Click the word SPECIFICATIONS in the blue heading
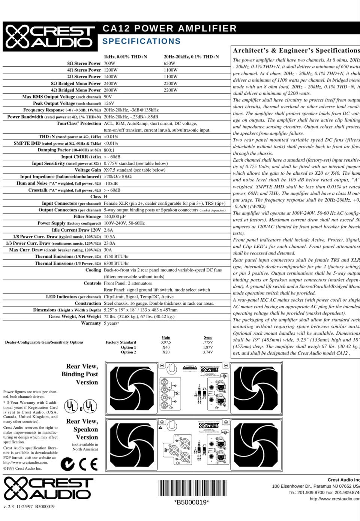[x=141, y=41]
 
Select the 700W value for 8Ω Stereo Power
[x=109, y=63]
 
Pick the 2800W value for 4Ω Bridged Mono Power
[x=111, y=90]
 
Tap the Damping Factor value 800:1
[x=109, y=150]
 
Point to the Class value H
[x=105, y=196]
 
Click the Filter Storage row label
[x=87, y=217]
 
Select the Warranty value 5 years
[x=111, y=323]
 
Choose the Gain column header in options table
[x=166, y=337]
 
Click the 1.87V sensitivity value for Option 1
[x=208, y=347]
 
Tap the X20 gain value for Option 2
[x=166, y=352]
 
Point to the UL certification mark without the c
[x=70, y=406]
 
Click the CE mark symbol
[x=88, y=464]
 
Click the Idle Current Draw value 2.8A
[x=108, y=230]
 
